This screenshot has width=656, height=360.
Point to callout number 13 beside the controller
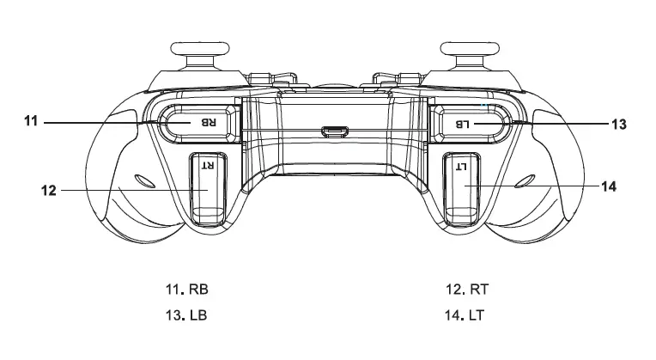pos(618,124)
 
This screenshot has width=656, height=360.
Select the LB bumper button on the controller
pos(471,123)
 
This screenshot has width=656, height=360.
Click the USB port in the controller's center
pos(332,132)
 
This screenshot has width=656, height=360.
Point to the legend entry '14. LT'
pos(465,314)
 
